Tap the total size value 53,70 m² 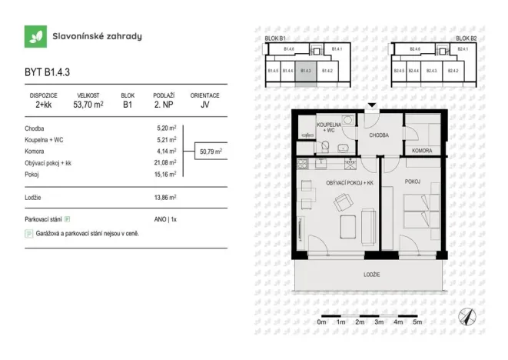coord(88,105)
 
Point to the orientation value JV coord(204,105)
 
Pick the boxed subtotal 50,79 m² coord(210,152)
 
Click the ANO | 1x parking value coord(165,219)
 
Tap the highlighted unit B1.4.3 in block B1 coord(305,71)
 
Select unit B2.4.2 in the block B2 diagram coord(453,71)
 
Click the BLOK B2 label coord(466,38)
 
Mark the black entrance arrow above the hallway coord(372,106)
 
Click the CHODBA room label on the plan coord(379,135)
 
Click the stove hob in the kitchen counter coord(303,164)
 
